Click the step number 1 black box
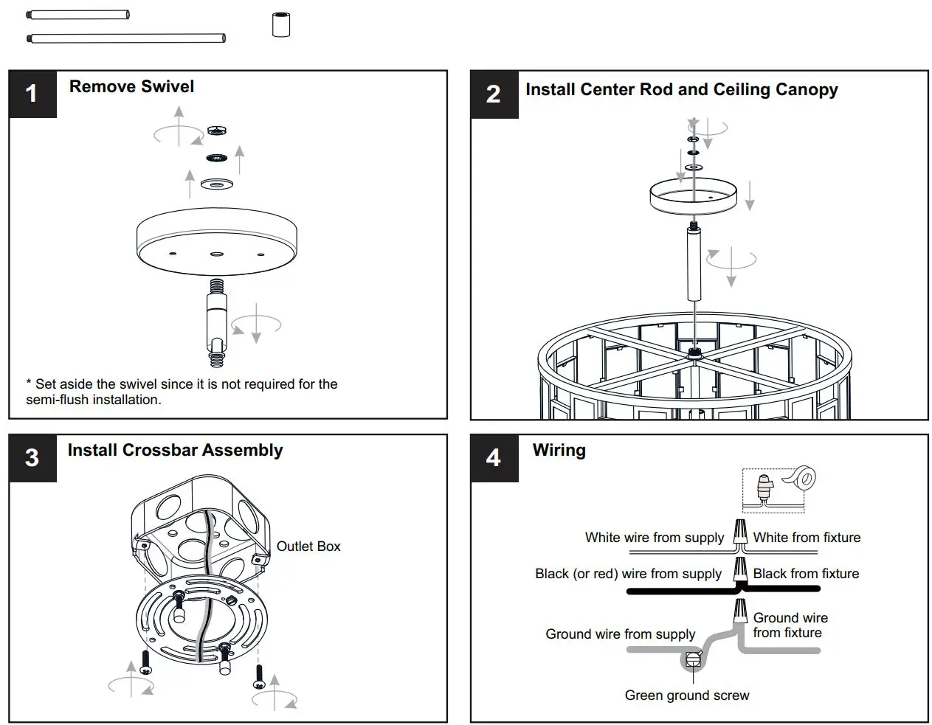[x=32, y=94]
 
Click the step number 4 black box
[x=494, y=458]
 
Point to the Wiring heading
[x=559, y=450]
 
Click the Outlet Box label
[x=308, y=547]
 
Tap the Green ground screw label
[x=686, y=695]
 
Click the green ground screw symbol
[x=691, y=660]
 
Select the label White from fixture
[x=806, y=538]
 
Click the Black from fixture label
[x=806, y=574]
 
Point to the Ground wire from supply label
[x=620, y=634]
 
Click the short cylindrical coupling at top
[x=280, y=25]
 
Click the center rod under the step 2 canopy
[x=694, y=264]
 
